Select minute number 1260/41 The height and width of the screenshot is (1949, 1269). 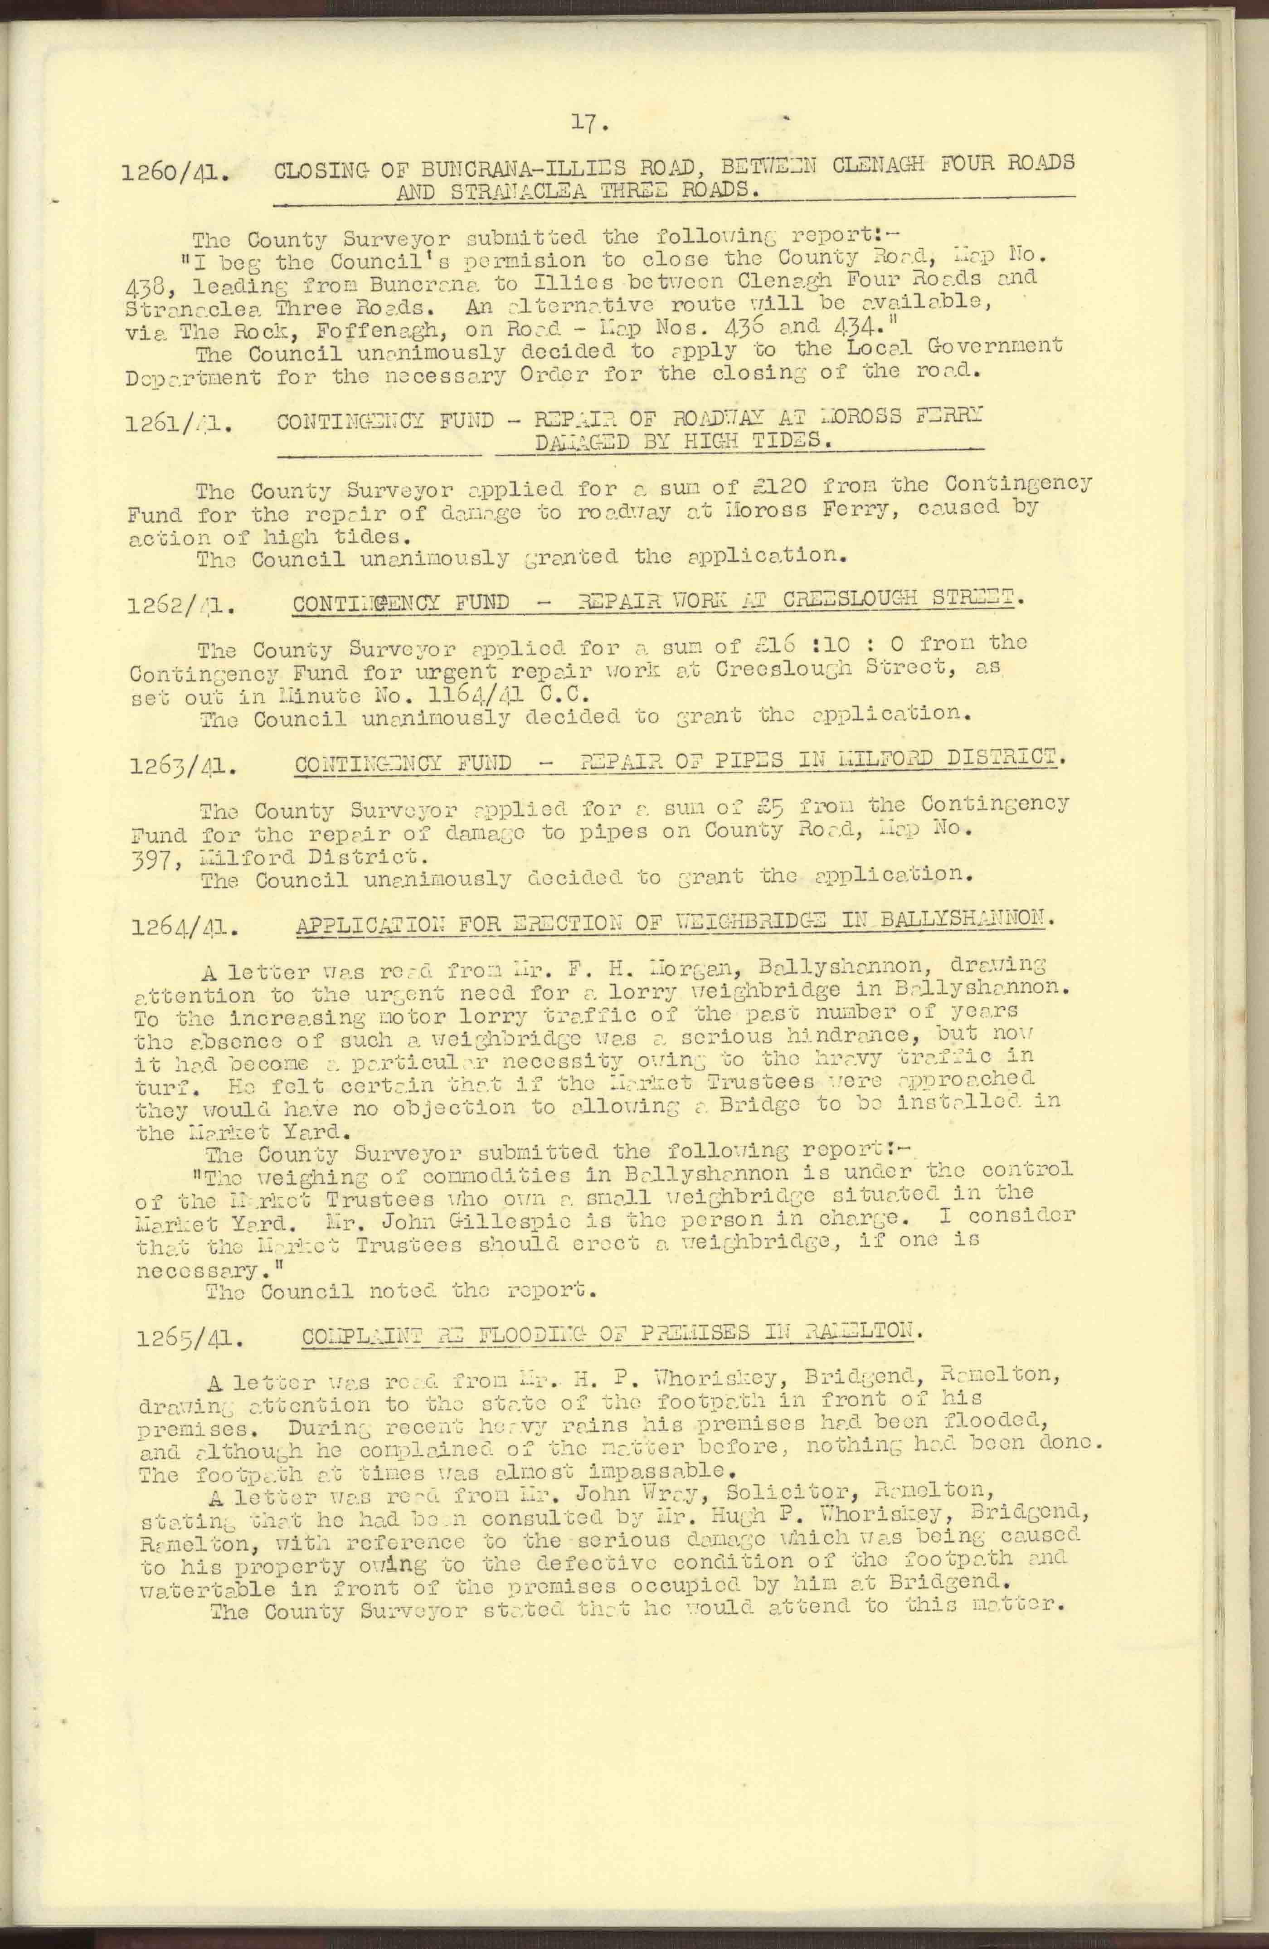pos(174,175)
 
